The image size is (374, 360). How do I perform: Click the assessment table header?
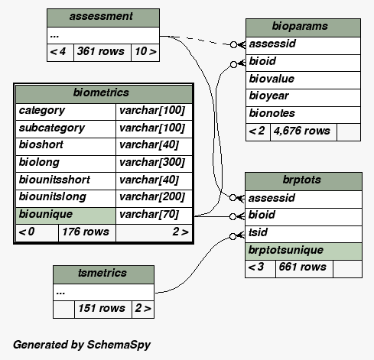click(x=103, y=18)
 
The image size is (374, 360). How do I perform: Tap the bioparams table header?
click(x=303, y=28)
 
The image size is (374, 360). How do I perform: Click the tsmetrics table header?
click(x=103, y=274)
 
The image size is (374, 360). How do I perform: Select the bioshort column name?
click(x=41, y=144)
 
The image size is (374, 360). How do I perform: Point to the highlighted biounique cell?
click(x=66, y=216)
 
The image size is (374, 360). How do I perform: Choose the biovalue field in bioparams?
click(x=303, y=80)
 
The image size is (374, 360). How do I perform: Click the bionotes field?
click(x=303, y=115)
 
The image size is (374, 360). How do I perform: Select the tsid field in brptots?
click(x=304, y=234)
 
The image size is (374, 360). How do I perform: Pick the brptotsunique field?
click(x=304, y=251)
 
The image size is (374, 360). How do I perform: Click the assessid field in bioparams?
click(x=303, y=46)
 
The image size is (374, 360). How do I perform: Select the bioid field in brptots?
click(x=304, y=217)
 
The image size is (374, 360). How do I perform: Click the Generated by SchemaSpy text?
click(x=82, y=345)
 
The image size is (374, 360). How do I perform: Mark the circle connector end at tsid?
click(x=233, y=237)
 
